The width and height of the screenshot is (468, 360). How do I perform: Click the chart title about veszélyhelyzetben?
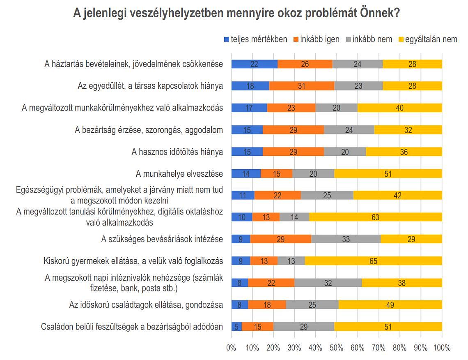236,13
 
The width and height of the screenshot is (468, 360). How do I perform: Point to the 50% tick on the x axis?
336,348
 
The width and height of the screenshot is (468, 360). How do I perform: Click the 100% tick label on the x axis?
442,348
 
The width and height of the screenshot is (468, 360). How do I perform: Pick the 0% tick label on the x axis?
231,348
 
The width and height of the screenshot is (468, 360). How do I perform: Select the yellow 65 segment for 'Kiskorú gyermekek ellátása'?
374,261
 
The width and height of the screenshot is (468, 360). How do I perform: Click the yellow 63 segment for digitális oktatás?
375,217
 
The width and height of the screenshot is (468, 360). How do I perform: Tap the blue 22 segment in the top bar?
255,64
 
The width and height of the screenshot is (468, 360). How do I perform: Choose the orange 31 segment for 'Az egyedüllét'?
302,86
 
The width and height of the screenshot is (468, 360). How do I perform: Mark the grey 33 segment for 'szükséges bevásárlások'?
346,239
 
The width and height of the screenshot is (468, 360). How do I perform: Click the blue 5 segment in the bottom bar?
236,327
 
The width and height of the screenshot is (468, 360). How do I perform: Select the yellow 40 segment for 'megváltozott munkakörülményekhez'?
400,108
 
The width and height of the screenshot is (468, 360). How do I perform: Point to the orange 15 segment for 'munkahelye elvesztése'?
277,174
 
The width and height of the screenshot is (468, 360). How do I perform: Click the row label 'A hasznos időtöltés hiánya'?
177,152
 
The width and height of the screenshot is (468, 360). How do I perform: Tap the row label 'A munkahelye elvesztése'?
179,174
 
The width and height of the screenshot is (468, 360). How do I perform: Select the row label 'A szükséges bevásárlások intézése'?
162,239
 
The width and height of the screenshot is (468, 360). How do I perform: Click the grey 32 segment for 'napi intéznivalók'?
328,283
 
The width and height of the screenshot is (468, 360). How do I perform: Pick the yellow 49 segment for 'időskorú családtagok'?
390,305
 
